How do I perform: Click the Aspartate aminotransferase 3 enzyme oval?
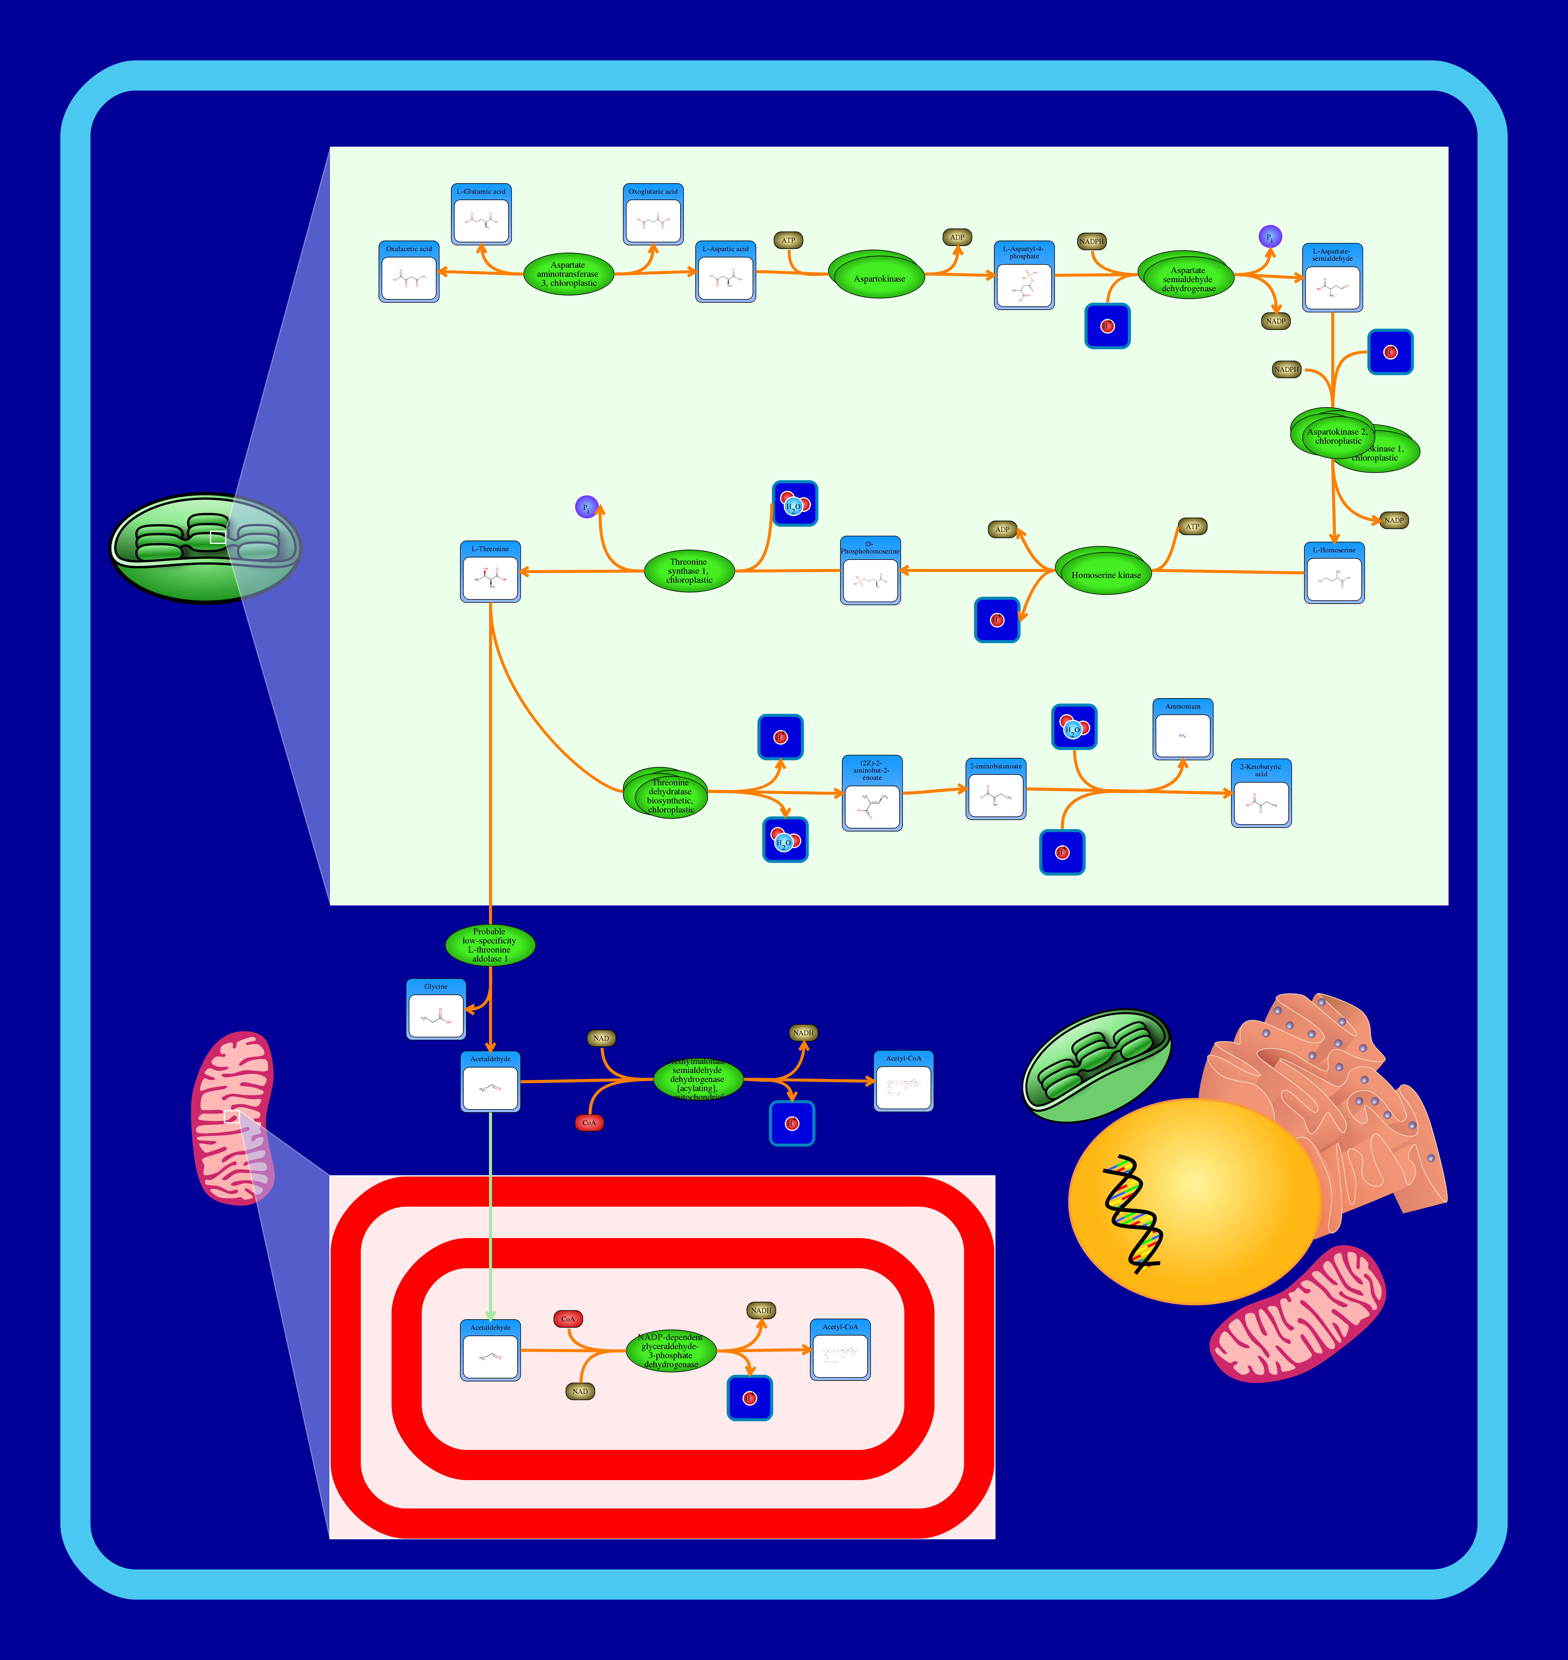pyautogui.click(x=568, y=273)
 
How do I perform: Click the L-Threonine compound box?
pyautogui.click(x=490, y=572)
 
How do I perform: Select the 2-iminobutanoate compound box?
pyautogui.click(x=995, y=790)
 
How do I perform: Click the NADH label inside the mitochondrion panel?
pyautogui.click(x=760, y=1310)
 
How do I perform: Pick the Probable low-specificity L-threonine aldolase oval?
pyautogui.click(x=490, y=945)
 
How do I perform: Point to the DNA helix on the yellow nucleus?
pyautogui.click(x=1132, y=1213)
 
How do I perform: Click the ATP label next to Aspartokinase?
pyautogui.click(x=788, y=240)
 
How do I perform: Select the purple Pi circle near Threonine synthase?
pyautogui.click(x=587, y=507)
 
